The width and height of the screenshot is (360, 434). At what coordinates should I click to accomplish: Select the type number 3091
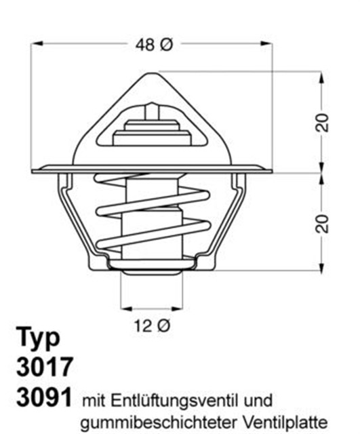43,397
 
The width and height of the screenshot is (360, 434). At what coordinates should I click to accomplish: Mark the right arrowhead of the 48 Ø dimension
268,45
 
